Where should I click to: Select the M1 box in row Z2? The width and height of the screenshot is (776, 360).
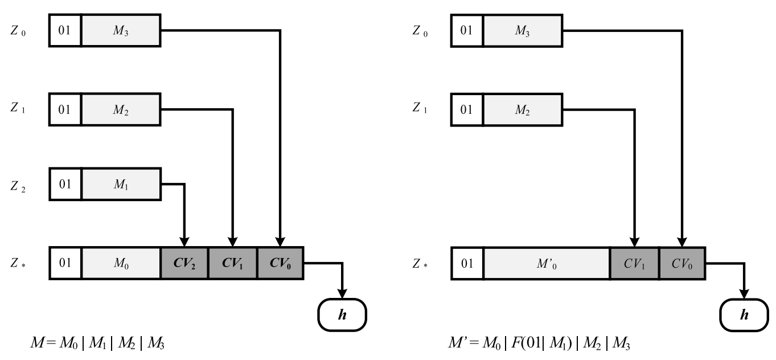(121, 183)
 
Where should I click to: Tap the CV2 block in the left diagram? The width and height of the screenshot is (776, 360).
(184, 263)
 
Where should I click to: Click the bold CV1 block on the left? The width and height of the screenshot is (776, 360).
(232, 263)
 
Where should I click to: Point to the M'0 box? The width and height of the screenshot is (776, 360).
(546, 263)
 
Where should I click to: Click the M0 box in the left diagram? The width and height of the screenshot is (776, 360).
(121, 263)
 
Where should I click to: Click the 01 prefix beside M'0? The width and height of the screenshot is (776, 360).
(467, 263)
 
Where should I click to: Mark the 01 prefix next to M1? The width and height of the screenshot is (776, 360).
(65, 183)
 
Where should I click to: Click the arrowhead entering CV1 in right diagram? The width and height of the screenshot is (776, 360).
(634, 242)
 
